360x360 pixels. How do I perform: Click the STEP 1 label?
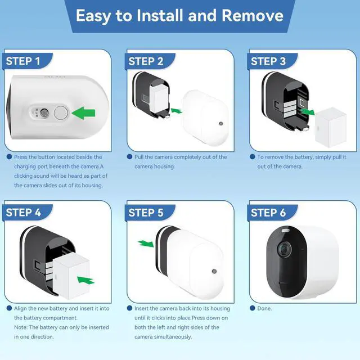point(23,61)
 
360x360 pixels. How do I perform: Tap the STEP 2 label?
point(146,61)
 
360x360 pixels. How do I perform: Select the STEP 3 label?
point(268,61)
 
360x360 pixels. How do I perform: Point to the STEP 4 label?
point(24,213)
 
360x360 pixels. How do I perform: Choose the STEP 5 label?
point(146,213)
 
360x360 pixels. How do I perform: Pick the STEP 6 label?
point(268,213)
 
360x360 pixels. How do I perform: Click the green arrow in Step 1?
point(84,113)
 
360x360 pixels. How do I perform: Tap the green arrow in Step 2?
point(176,111)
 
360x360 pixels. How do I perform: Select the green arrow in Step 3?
point(307,112)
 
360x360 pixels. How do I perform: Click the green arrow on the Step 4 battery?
point(85,280)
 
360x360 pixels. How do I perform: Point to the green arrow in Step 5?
point(146,244)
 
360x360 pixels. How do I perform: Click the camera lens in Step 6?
point(285,249)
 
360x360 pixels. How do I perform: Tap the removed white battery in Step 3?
point(331,127)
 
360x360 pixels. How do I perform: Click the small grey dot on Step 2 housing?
point(221,124)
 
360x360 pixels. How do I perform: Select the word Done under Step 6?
point(264,308)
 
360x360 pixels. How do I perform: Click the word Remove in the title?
point(253,15)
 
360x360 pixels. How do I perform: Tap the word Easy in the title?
point(93,16)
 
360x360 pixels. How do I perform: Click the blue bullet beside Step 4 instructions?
point(9,308)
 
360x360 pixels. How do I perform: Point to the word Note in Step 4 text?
point(20,327)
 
